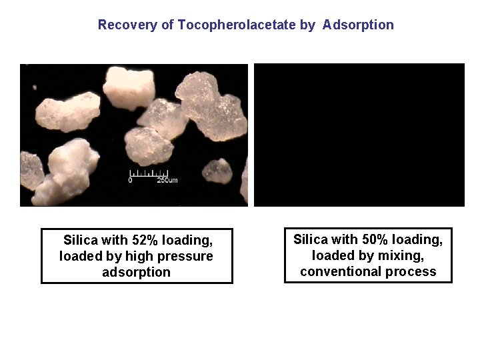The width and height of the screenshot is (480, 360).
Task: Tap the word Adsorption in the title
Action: tap(358, 25)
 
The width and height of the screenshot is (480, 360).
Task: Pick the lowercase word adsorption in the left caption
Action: tap(136, 272)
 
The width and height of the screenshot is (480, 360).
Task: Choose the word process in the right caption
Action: tap(413, 271)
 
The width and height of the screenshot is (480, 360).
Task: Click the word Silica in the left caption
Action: tap(79, 240)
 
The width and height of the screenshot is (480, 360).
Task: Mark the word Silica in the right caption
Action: tap(310, 239)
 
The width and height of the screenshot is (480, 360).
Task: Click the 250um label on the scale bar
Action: tap(167, 181)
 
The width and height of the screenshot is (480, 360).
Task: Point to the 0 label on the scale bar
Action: tap(131, 181)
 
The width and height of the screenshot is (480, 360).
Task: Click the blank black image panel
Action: tap(359, 135)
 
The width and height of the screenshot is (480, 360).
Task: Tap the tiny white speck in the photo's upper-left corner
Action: tap(35, 87)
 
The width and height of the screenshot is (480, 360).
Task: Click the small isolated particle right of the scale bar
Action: tap(217, 170)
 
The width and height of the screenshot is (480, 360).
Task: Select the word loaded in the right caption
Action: tap(333, 255)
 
